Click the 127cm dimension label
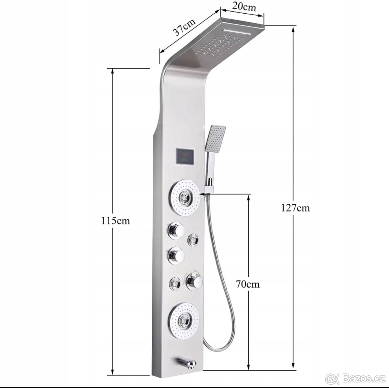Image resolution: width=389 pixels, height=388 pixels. coord(295,208)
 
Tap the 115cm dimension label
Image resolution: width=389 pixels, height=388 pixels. coord(115,221)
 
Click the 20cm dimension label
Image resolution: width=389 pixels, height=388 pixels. coord(244,7)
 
